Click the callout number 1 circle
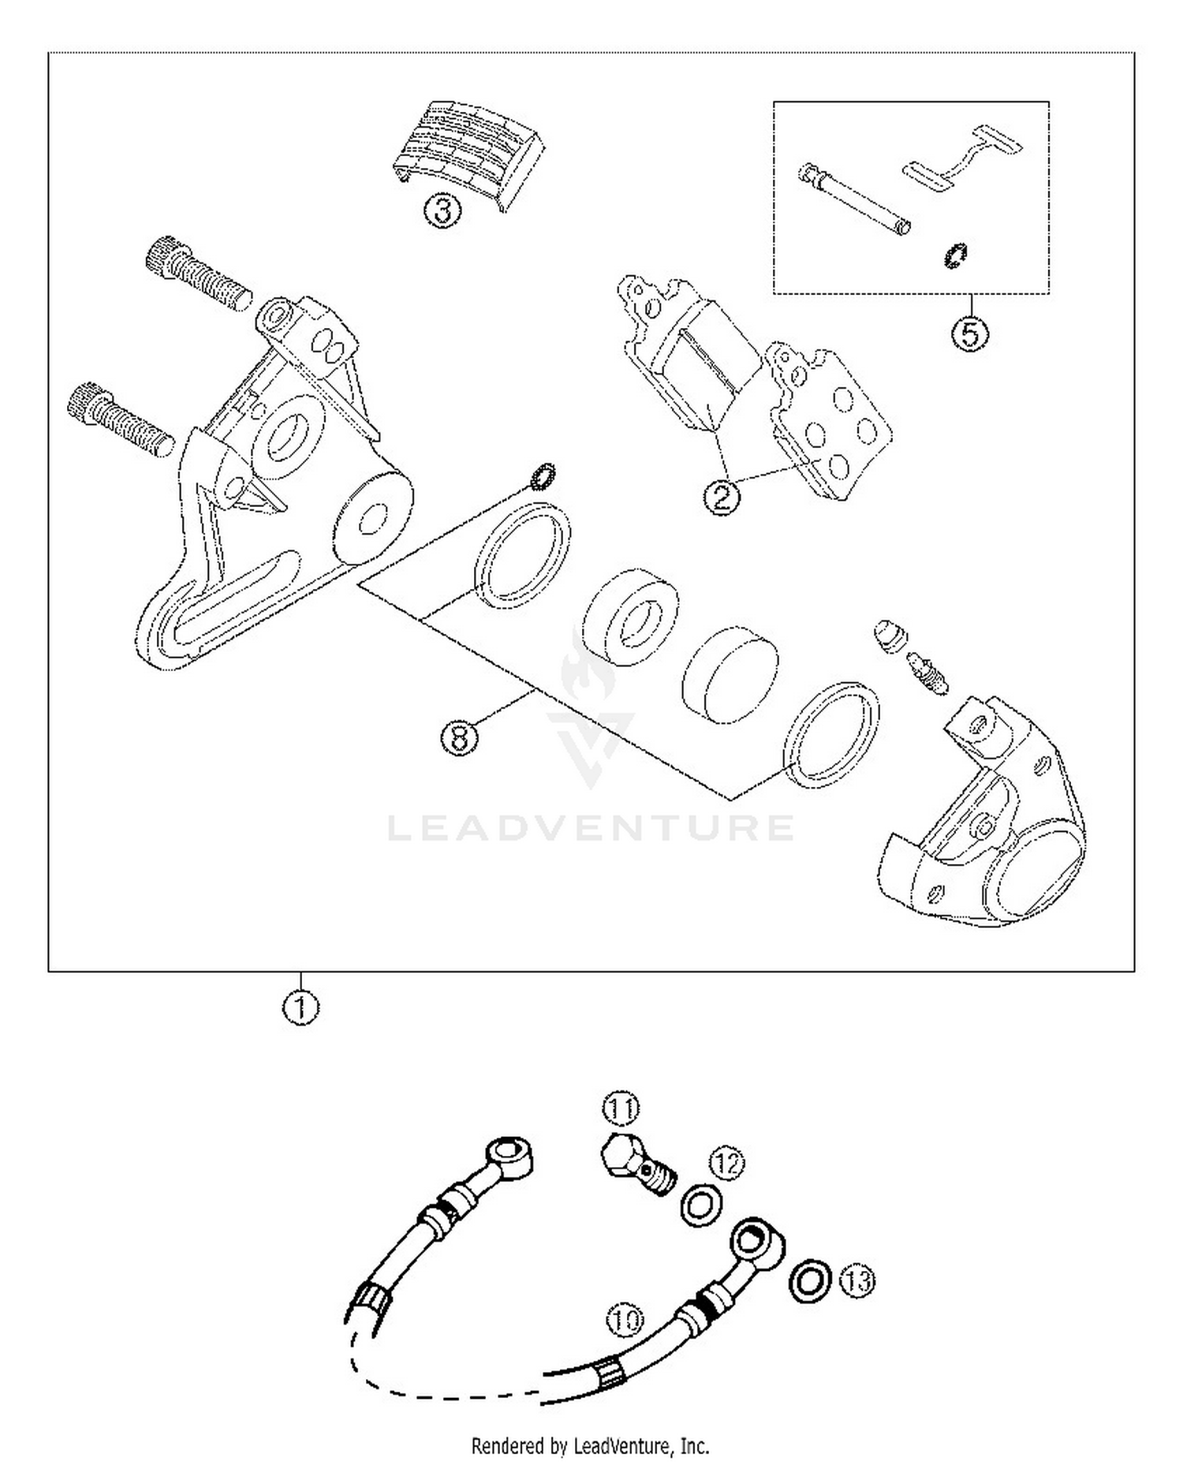coord(300,1008)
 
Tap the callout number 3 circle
coord(443,211)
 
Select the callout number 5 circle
coord(969,334)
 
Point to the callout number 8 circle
coord(460,738)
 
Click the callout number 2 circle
coord(722,497)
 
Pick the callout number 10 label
coord(625,1319)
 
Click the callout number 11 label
coord(621,1109)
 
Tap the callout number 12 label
coord(726,1163)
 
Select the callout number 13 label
coord(857,1279)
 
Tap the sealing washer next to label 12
coord(700,1206)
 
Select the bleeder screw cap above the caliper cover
coord(890,634)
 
